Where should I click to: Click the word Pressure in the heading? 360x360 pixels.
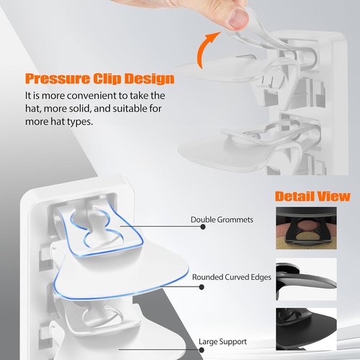(57, 79)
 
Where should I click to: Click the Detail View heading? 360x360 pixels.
(312, 197)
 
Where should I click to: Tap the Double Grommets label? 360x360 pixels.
(222, 220)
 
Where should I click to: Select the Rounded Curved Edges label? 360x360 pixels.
(232, 277)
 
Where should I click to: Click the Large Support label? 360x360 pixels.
(222, 341)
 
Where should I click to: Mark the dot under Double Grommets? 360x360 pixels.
(203, 227)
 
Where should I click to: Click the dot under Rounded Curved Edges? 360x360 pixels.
(202, 287)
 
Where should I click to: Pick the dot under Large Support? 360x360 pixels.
(202, 350)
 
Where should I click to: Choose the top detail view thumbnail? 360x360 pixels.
(306, 228)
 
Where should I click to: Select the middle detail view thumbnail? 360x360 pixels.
(306, 279)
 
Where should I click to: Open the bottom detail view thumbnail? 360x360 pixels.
(306, 329)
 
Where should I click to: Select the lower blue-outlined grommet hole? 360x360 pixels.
(104, 239)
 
